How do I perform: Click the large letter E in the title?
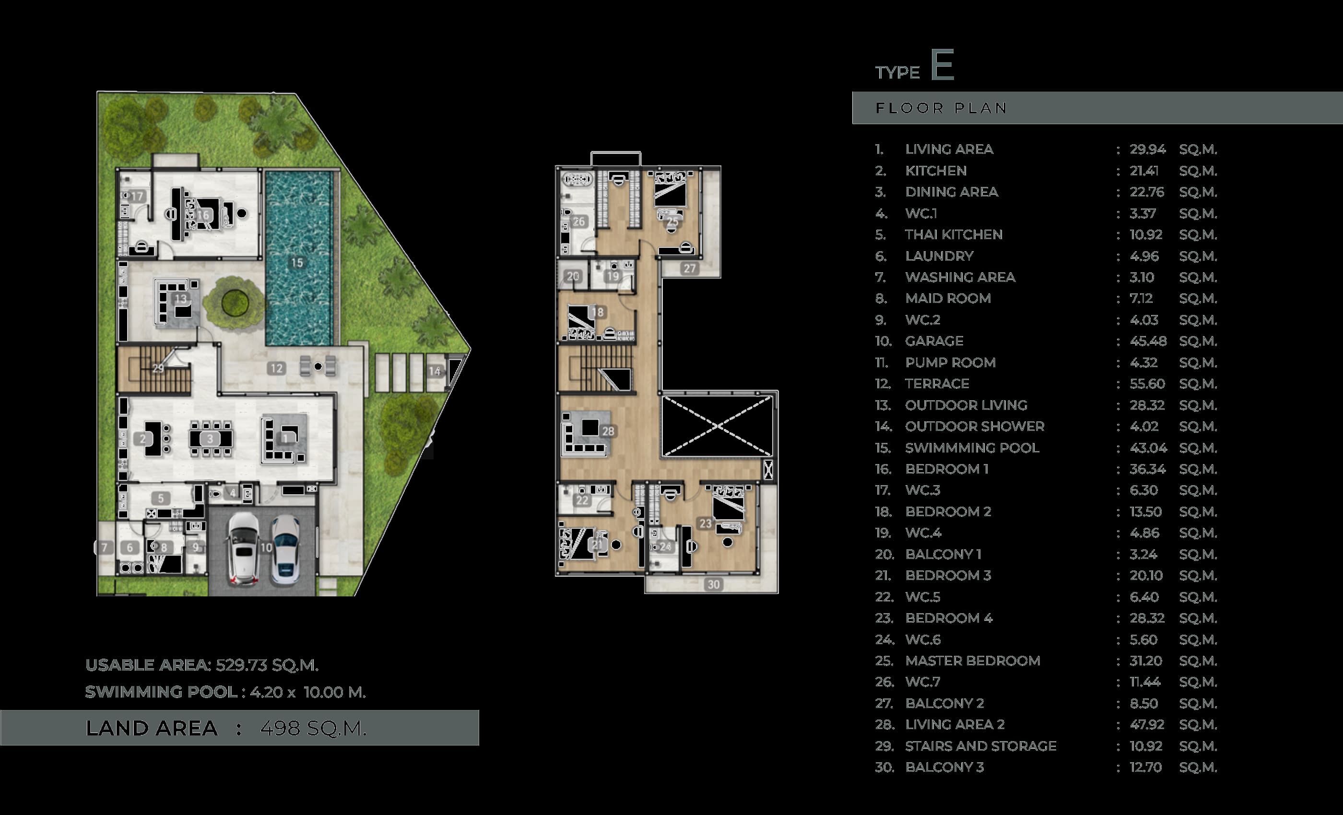pyautogui.click(x=942, y=65)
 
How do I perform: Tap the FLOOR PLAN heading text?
pyautogui.click(x=941, y=108)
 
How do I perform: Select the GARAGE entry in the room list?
pyautogui.click(x=934, y=341)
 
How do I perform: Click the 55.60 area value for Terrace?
pyautogui.click(x=1147, y=384)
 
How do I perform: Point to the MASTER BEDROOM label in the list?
pyautogui.click(x=972, y=661)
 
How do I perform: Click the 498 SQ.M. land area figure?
pyautogui.click(x=313, y=728)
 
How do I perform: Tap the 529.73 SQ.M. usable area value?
pyautogui.click(x=267, y=665)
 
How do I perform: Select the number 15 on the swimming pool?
pyautogui.click(x=297, y=263)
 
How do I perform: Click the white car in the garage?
pyautogui.click(x=243, y=549)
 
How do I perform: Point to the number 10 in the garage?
pyautogui.click(x=266, y=547)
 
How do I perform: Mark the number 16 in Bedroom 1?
pyautogui.click(x=203, y=215)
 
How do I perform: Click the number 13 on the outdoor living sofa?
pyautogui.click(x=181, y=299)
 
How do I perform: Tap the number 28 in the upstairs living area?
pyautogui.click(x=608, y=431)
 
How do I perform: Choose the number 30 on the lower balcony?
pyautogui.click(x=714, y=584)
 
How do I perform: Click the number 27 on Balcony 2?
pyautogui.click(x=690, y=268)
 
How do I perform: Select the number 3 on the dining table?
pyautogui.click(x=211, y=439)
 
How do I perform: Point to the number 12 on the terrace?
pyautogui.click(x=277, y=368)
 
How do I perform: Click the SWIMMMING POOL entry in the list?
pyautogui.click(x=972, y=448)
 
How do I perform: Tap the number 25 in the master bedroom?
pyautogui.click(x=672, y=221)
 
